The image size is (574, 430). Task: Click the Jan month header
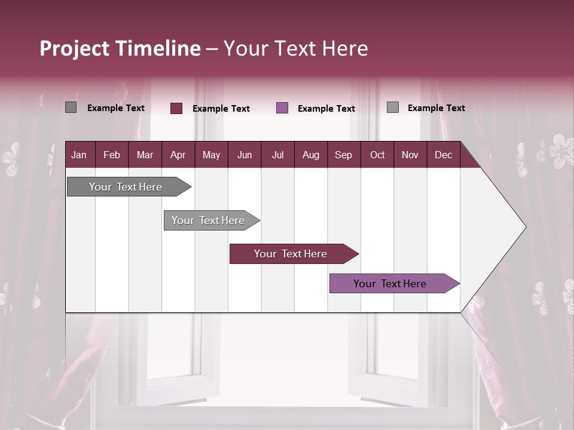pyautogui.click(x=79, y=155)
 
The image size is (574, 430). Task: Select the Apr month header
pyautogui.click(x=178, y=155)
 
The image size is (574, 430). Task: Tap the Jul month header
pyautogui.click(x=277, y=155)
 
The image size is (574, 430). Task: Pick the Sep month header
pyautogui.click(x=343, y=155)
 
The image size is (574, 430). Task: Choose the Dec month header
pyautogui.click(x=443, y=155)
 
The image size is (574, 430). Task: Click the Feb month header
pyautogui.click(x=112, y=155)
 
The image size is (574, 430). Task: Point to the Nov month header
pyautogui.click(x=410, y=155)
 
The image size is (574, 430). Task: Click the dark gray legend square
pyautogui.click(x=71, y=107)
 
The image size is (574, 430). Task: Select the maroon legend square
pyautogui.click(x=176, y=108)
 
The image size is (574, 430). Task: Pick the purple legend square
pyautogui.click(x=282, y=108)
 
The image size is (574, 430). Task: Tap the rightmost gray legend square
pyautogui.click(x=393, y=107)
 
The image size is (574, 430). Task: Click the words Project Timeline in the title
pyautogui.click(x=120, y=48)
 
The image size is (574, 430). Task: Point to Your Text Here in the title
pyautogui.click(x=296, y=48)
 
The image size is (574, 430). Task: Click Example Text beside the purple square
pyautogui.click(x=326, y=109)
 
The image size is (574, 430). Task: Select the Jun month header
pyautogui.click(x=244, y=155)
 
